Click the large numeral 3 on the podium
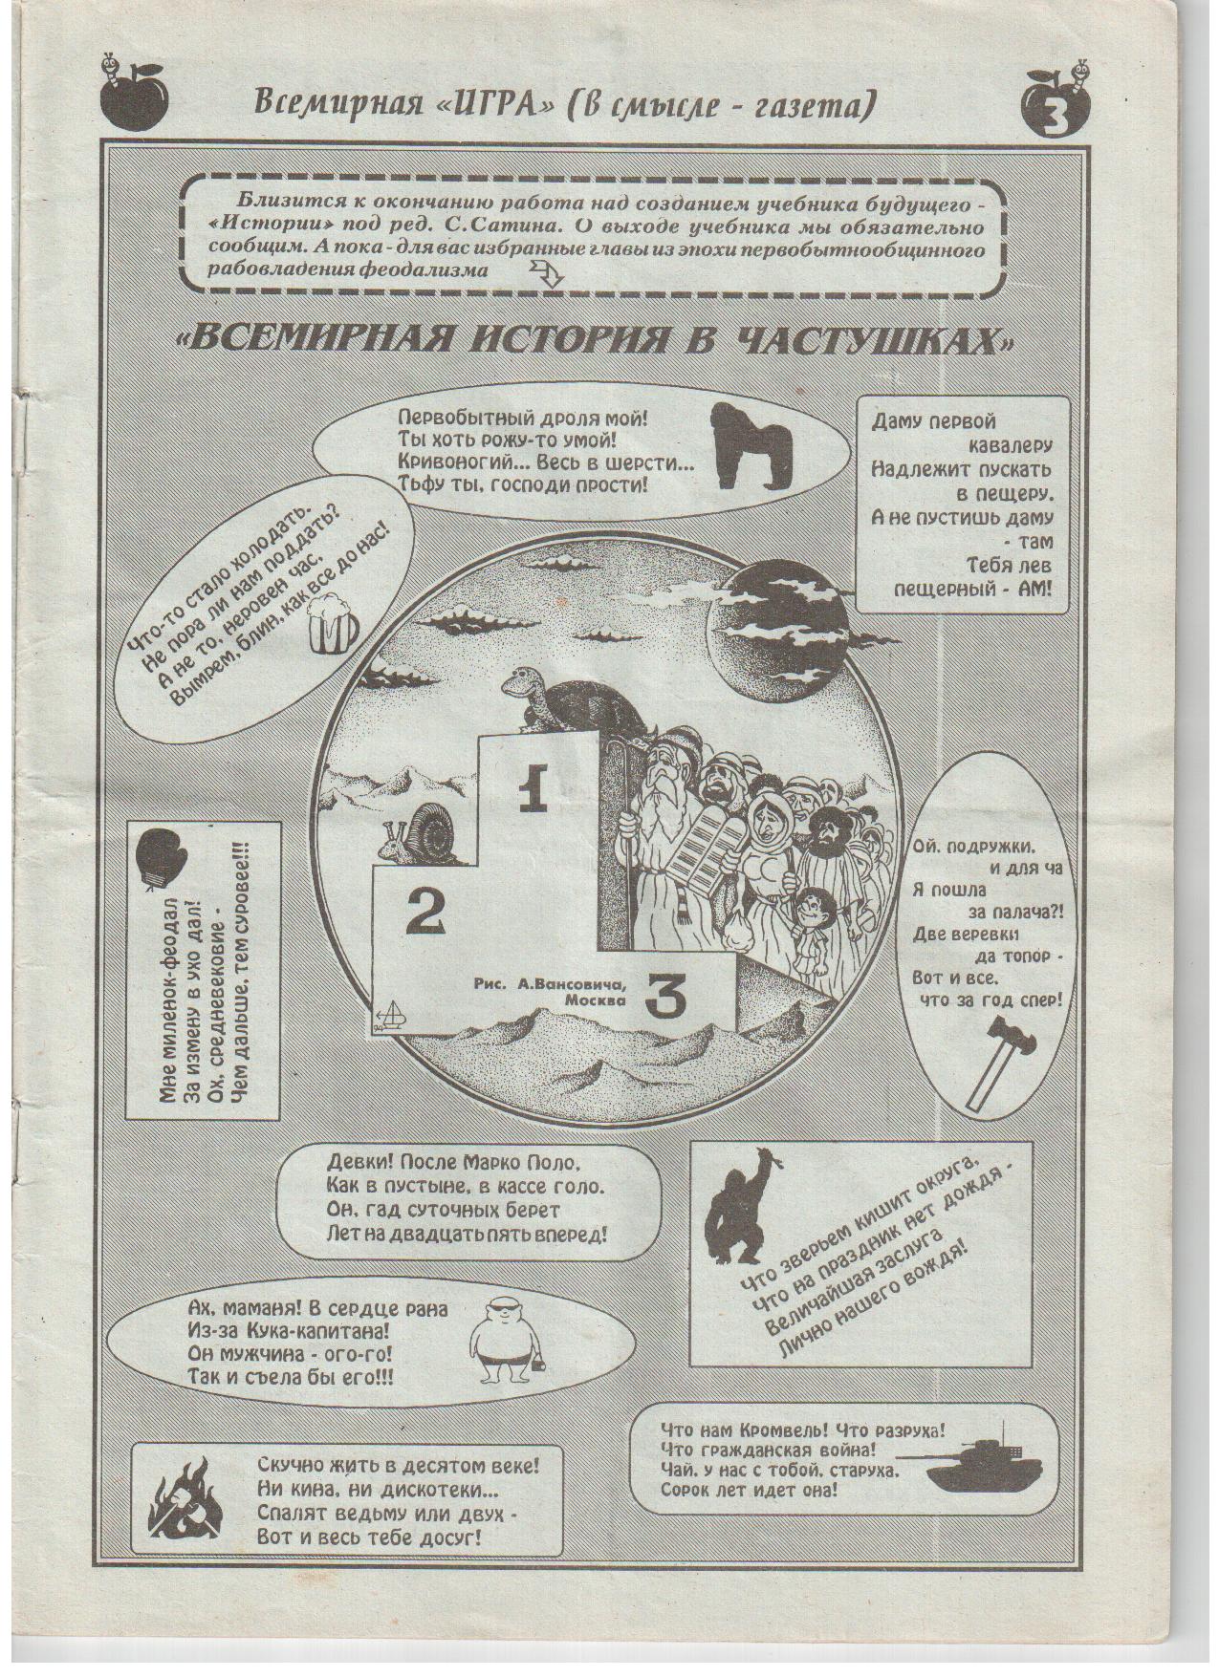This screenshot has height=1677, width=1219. (x=665, y=1000)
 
